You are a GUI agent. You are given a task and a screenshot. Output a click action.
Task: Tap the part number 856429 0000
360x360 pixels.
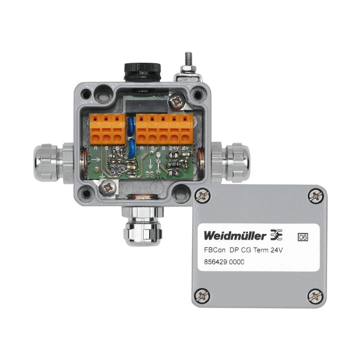(224, 262)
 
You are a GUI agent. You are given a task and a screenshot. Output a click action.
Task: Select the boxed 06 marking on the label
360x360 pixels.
(303, 237)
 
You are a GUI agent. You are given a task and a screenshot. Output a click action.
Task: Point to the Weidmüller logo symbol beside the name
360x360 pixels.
(276, 235)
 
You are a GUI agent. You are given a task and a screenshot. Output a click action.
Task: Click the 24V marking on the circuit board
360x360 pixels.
(174, 148)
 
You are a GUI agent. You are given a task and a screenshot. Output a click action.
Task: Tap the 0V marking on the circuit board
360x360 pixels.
(186, 148)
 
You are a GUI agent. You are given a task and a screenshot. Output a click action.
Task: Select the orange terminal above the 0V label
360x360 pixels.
(186, 128)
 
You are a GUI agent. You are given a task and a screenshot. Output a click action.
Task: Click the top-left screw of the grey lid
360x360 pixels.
(203, 195)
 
